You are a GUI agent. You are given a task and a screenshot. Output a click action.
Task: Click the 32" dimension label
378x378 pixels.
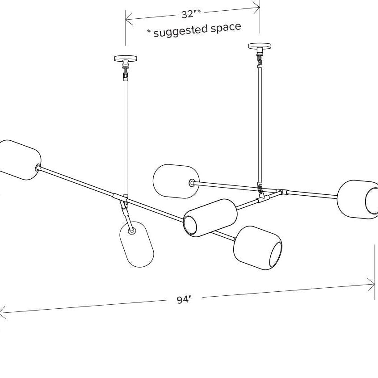pos(191,14)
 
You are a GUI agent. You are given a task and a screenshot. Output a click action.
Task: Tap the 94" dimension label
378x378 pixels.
pos(185,300)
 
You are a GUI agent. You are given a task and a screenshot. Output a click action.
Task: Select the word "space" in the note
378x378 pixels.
pos(226,27)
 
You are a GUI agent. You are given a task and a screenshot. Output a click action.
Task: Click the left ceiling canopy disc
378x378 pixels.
pos(126,58)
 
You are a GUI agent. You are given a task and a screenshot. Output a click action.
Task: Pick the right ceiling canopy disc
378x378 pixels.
pos(260,46)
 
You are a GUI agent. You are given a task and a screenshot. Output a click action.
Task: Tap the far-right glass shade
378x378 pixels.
pos(358,200)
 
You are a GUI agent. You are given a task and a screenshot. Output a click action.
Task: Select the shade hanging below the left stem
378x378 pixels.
pos(137,244)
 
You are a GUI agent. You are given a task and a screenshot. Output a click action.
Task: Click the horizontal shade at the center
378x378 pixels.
pos(210,218)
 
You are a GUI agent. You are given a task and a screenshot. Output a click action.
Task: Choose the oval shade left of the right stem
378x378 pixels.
pos(176,181)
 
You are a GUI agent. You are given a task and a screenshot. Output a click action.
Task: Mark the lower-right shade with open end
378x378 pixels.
pos(258,248)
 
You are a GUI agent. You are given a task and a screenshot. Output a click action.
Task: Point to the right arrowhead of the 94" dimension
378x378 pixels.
pos(371,285)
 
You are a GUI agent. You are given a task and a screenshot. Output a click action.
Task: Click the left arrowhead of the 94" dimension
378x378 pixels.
pos(2,313)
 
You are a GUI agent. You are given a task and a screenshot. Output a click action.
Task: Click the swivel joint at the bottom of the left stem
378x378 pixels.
pos(124,205)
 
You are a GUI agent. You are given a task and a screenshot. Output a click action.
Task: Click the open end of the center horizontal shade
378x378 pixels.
pos(190,225)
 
